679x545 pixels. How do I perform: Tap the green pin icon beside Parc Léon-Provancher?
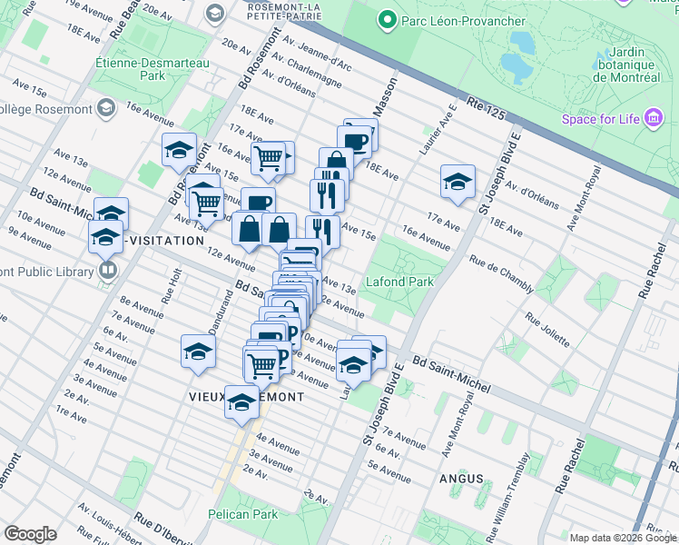point(386,20)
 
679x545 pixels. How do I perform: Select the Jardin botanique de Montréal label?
point(626,64)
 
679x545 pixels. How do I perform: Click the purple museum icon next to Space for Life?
point(653,118)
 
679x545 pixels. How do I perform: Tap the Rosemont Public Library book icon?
point(107,271)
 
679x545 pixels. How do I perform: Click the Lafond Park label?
point(399,282)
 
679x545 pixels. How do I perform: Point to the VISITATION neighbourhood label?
point(166,241)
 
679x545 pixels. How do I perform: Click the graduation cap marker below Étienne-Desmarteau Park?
point(179,149)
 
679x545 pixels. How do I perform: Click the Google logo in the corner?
point(30,534)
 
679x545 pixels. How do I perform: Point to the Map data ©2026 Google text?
point(623,538)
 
